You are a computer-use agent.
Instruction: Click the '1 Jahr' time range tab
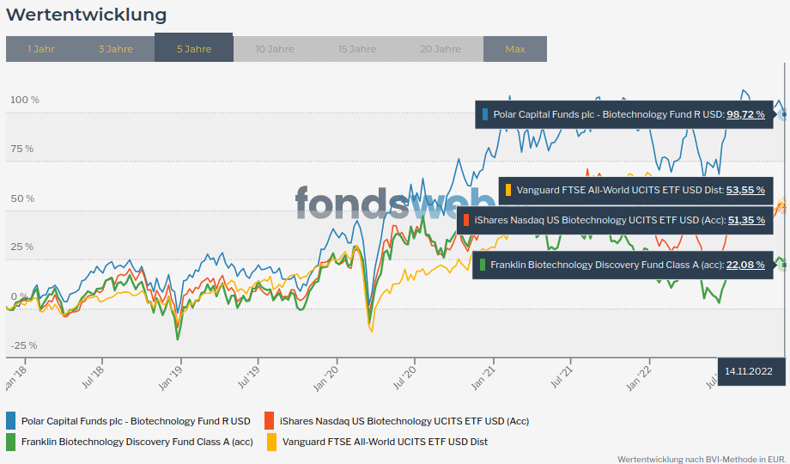click(41, 49)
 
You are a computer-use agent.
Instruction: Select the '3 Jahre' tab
click(116, 49)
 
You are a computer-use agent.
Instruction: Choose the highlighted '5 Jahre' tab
click(194, 49)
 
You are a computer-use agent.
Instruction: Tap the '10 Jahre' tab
click(275, 49)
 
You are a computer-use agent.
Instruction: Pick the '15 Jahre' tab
click(357, 49)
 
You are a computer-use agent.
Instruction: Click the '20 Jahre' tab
click(441, 49)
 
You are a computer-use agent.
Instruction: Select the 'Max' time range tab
click(515, 49)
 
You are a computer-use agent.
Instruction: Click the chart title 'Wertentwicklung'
click(87, 15)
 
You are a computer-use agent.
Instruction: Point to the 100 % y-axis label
click(24, 100)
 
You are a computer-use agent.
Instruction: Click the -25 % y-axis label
click(24, 345)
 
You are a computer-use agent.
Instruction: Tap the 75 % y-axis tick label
click(21, 149)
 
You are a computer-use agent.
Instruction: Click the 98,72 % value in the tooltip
click(745, 114)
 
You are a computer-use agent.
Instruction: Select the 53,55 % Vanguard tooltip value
click(745, 190)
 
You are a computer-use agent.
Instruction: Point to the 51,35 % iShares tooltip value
click(745, 221)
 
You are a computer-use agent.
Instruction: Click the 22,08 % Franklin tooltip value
click(745, 265)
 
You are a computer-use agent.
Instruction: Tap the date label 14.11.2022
click(749, 371)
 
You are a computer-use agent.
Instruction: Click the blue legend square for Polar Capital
click(11, 421)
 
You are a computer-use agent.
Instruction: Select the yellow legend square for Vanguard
click(272, 442)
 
